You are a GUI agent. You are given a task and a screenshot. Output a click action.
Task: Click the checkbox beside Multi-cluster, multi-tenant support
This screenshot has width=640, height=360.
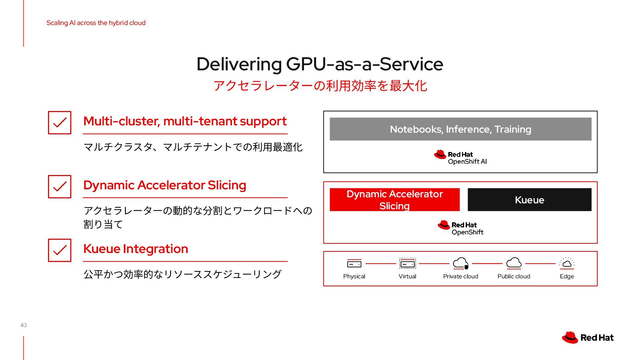[x=60, y=123]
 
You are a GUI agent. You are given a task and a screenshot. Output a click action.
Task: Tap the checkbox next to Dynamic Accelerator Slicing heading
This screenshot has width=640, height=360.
[x=60, y=187]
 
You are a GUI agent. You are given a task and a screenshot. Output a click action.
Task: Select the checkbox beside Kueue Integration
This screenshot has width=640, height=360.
[x=60, y=250]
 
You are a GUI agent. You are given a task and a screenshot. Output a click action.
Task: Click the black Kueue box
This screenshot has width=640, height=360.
[x=529, y=200]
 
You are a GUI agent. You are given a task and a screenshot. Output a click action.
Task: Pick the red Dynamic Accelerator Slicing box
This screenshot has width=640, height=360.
[x=394, y=200]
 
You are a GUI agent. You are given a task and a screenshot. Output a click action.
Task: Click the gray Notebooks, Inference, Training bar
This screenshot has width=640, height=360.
[x=460, y=129]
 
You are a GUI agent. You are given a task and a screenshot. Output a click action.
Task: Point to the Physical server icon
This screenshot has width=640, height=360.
[x=354, y=264]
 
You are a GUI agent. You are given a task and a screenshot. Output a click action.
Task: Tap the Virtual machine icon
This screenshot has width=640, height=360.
[x=407, y=264]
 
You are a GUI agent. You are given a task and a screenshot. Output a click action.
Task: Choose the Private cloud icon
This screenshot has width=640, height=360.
[x=461, y=263]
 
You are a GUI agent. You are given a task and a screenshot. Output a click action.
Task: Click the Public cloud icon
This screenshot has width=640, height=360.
[x=514, y=263]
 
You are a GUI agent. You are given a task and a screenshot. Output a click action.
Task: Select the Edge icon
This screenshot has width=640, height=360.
[x=567, y=263]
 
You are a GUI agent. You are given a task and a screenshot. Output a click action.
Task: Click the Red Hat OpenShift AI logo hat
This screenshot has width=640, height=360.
[x=440, y=154]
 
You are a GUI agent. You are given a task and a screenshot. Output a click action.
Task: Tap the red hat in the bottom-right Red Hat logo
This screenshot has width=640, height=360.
[x=570, y=337]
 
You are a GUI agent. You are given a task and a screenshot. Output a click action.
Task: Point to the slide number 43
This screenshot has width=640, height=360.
[x=23, y=325]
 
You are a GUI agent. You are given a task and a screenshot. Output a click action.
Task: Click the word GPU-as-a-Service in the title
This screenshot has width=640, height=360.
[x=364, y=64]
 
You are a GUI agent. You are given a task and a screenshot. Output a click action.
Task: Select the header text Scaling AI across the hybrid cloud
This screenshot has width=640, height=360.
[x=96, y=23]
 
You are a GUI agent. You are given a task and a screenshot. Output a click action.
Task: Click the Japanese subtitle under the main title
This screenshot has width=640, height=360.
[x=320, y=86]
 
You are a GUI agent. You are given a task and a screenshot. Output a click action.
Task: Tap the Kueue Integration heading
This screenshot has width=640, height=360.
[x=136, y=249]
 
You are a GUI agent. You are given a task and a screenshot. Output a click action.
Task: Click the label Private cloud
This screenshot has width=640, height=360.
[x=460, y=276]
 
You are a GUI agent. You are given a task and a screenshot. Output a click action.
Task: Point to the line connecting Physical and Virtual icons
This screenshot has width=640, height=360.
[x=381, y=264]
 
